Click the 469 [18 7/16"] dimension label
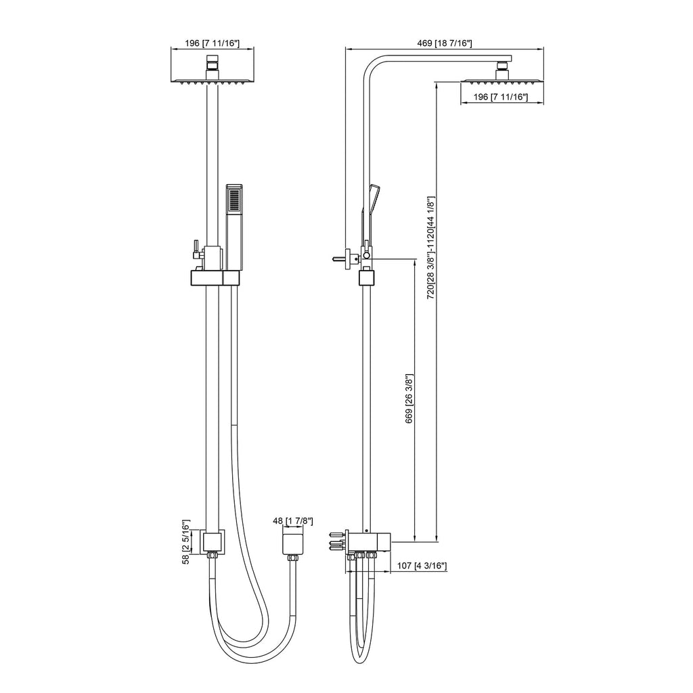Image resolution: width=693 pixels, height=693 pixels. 444,43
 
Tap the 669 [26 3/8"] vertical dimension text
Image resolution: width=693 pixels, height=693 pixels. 409,399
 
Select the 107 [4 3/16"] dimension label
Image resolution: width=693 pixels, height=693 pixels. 422,566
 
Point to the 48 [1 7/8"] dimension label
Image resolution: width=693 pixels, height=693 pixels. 292,521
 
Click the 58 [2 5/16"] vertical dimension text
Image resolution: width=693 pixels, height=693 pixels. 186,542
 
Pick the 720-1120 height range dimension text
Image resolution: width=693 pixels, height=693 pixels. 431,248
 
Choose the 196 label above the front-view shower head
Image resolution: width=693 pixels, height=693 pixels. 212,43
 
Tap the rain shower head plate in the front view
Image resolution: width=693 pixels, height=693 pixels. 212,82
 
